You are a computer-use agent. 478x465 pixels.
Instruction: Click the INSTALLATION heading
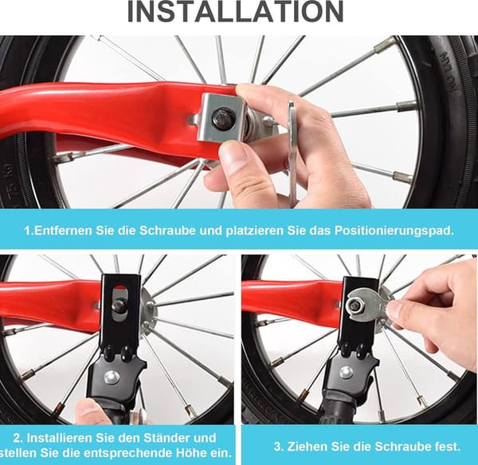(235, 11)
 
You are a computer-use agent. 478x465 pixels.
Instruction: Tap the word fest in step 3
(448, 447)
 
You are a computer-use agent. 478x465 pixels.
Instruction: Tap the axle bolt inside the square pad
(224, 118)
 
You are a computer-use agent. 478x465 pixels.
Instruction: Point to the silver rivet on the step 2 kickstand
(111, 378)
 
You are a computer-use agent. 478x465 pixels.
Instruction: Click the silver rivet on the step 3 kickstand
(346, 372)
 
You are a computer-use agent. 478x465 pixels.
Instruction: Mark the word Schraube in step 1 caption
(167, 231)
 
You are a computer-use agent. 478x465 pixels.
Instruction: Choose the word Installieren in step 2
(60, 438)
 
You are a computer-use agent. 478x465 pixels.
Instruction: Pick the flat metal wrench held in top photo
(292, 152)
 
